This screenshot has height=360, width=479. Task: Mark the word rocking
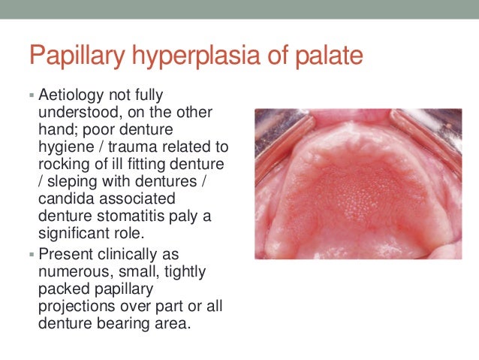pos(62,162)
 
